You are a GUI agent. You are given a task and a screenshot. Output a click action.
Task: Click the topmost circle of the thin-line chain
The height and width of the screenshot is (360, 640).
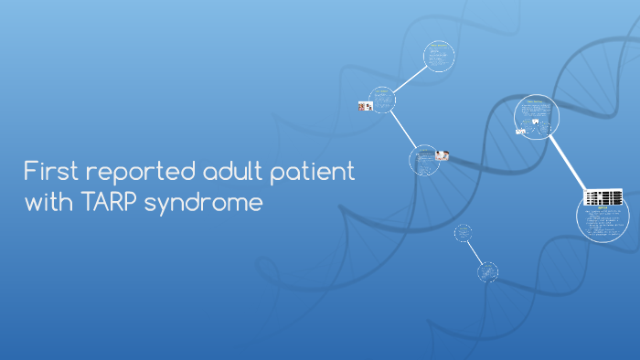pos(440,56)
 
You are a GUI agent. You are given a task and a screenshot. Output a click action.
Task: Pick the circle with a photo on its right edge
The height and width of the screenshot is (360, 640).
pos(423,159)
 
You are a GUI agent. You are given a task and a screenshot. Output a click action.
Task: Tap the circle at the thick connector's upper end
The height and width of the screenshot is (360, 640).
pos(537,116)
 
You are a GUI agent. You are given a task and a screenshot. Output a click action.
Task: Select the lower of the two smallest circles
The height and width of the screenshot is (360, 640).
pos(488,270)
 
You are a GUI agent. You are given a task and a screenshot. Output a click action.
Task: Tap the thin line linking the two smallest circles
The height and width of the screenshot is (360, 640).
pos(475,251)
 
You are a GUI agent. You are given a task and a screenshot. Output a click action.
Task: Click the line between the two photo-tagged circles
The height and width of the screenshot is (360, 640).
pos(403,131)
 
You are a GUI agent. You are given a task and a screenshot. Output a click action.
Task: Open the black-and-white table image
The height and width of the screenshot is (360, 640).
pos(603,197)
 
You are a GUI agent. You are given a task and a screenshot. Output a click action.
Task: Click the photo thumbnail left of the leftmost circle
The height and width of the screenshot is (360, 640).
pos(365,107)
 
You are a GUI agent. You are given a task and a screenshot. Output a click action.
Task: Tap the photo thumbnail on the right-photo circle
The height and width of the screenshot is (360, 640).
pos(443,155)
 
